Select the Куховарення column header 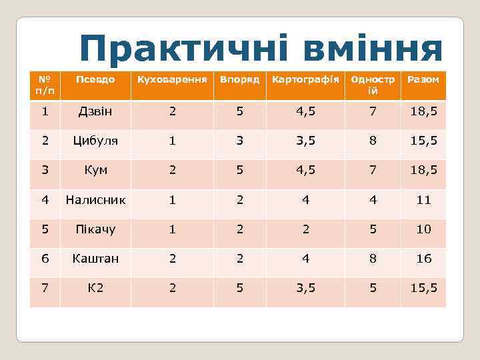(172, 80)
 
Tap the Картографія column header (305, 80)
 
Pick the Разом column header (423, 80)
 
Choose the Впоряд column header (239, 80)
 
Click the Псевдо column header (95, 80)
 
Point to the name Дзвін (95, 111)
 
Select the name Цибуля (95, 141)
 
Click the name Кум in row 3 (95, 170)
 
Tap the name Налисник (95, 199)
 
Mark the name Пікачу (95, 229)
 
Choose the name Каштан (95, 258)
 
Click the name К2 (95, 287)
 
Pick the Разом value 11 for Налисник (423, 199)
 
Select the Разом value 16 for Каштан (423, 258)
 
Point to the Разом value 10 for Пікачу (423, 229)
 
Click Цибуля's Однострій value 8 (373, 141)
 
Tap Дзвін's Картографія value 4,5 (305, 111)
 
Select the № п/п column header (45, 85)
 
